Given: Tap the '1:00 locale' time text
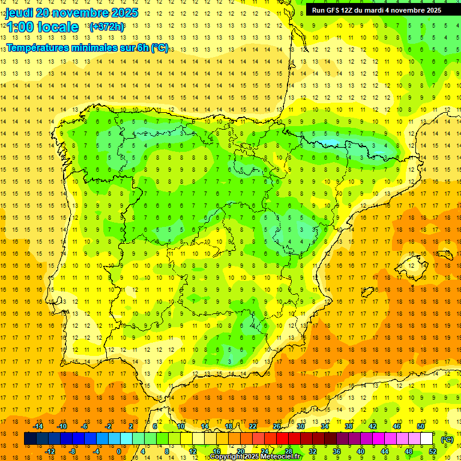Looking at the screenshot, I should click(43, 27).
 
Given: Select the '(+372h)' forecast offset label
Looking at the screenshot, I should click(107, 26).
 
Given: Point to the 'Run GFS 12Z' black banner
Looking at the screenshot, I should click(376, 10).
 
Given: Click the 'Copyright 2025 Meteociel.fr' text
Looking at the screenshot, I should click(255, 457).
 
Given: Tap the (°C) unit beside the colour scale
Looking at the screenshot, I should click(447, 439).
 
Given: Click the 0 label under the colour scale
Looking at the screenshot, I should click(119, 451).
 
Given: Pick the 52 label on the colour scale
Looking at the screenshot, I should click(433, 451).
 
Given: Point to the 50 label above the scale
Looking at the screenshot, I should click(421, 426).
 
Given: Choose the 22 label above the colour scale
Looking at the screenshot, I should click(253, 426).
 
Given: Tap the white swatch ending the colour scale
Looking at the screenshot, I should click(427, 439).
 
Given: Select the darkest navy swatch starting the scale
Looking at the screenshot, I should click(30, 439).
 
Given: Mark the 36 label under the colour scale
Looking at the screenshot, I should click(337, 451).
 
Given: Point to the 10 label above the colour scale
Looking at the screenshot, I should click(181, 426).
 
